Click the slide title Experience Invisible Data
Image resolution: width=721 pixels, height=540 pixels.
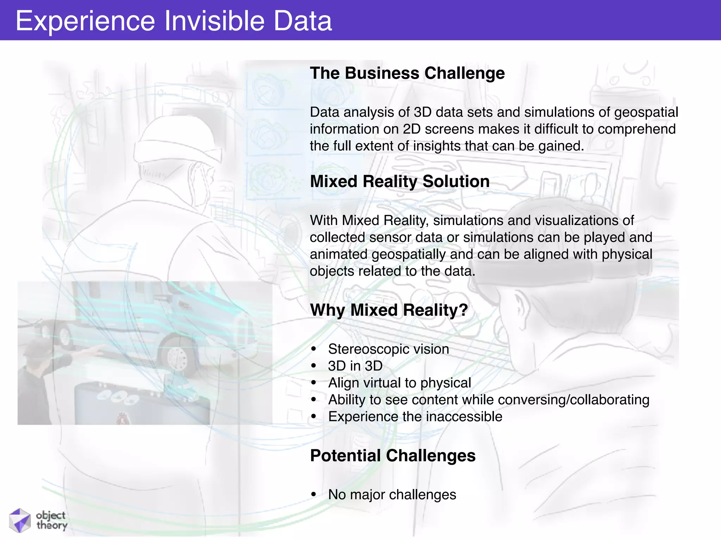174,21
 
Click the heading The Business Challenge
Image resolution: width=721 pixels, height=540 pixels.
407,73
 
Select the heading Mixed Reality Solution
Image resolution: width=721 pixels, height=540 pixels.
400,181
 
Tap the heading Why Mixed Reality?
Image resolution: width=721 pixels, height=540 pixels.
389,310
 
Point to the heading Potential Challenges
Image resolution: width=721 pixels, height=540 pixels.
393,456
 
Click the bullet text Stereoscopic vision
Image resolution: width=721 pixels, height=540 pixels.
388,349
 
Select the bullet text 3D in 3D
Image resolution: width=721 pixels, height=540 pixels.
355,366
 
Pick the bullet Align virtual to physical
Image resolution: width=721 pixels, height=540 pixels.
399,383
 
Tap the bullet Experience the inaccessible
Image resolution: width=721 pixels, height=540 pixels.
415,417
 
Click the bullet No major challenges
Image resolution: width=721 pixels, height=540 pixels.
392,495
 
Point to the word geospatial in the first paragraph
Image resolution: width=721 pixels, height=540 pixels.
646,112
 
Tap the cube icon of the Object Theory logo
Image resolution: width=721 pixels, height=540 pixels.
20,520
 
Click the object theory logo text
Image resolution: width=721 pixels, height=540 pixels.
51,520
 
